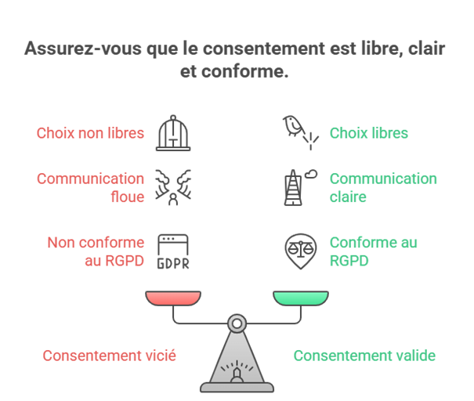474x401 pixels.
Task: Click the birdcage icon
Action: pyautogui.click(x=173, y=133)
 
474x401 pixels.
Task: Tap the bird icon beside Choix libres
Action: pyautogui.click(x=301, y=132)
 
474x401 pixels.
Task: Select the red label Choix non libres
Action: pyautogui.click(x=90, y=133)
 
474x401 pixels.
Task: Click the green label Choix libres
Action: pyautogui.click(x=369, y=133)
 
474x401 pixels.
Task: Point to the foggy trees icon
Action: pyautogui.click(x=173, y=187)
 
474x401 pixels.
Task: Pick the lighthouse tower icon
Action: pyautogui.click(x=301, y=187)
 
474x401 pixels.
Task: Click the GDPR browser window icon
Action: pyautogui.click(x=173, y=251)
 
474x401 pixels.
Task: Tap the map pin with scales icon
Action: pyautogui.click(x=301, y=251)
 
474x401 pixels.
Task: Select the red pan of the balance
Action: pyautogui.click(x=173, y=298)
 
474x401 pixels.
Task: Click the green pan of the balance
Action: pyautogui.click(x=301, y=298)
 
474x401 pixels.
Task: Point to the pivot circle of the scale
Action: pyautogui.click(x=237, y=323)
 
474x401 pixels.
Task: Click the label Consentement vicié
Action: pyautogui.click(x=109, y=356)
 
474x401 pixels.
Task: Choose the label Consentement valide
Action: pyautogui.click(x=364, y=356)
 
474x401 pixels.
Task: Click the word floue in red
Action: pyautogui.click(x=127, y=197)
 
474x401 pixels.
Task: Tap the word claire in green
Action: pyautogui.click(x=348, y=197)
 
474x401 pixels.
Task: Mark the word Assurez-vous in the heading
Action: pyautogui.click(x=83, y=49)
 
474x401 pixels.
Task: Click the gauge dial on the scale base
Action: pyautogui.click(x=237, y=371)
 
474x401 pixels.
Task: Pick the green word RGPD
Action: pyautogui.click(x=349, y=261)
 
